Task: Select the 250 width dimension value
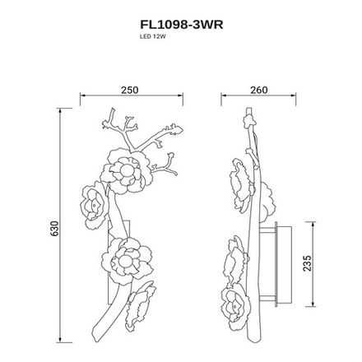point(128,91)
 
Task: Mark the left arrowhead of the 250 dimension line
point(81,100)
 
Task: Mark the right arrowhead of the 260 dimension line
point(295,100)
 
